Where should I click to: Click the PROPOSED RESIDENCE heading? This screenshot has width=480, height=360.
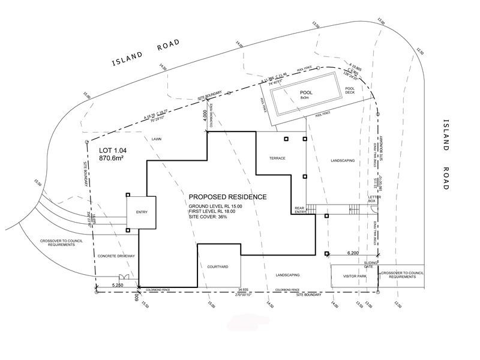tap(227, 197)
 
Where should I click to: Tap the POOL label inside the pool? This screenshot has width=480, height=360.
tap(307, 93)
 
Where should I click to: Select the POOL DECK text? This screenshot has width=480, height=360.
tap(350, 91)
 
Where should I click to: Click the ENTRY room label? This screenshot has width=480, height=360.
tap(142, 212)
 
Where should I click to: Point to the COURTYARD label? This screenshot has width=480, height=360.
tap(218, 265)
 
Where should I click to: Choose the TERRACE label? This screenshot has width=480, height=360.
tap(277, 158)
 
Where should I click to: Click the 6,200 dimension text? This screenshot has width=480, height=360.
tap(354, 254)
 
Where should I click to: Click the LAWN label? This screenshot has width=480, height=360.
tap(157, 139)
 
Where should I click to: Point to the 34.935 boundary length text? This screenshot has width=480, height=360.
tap(243, 289)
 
